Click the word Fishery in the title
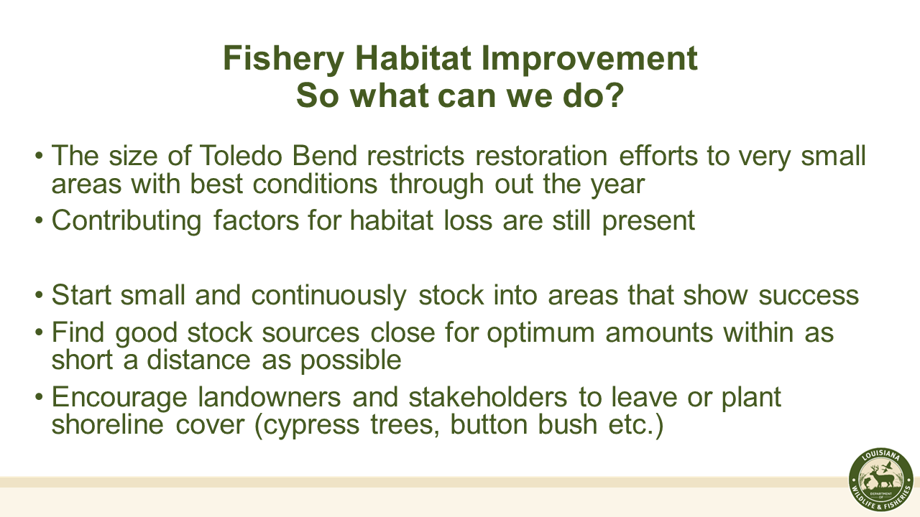click(283, 60)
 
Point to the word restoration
click(541, 156)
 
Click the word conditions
click(315, 184)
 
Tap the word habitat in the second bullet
click(392, 220)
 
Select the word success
click(809, 296)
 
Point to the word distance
click(199, 360)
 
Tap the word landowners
click(270, 397)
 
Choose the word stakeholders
click(488, 397)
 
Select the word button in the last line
click(489, 424)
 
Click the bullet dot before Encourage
click(39, 398)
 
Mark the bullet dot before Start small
click(39, 295)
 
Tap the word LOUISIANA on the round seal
click(881, 456)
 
